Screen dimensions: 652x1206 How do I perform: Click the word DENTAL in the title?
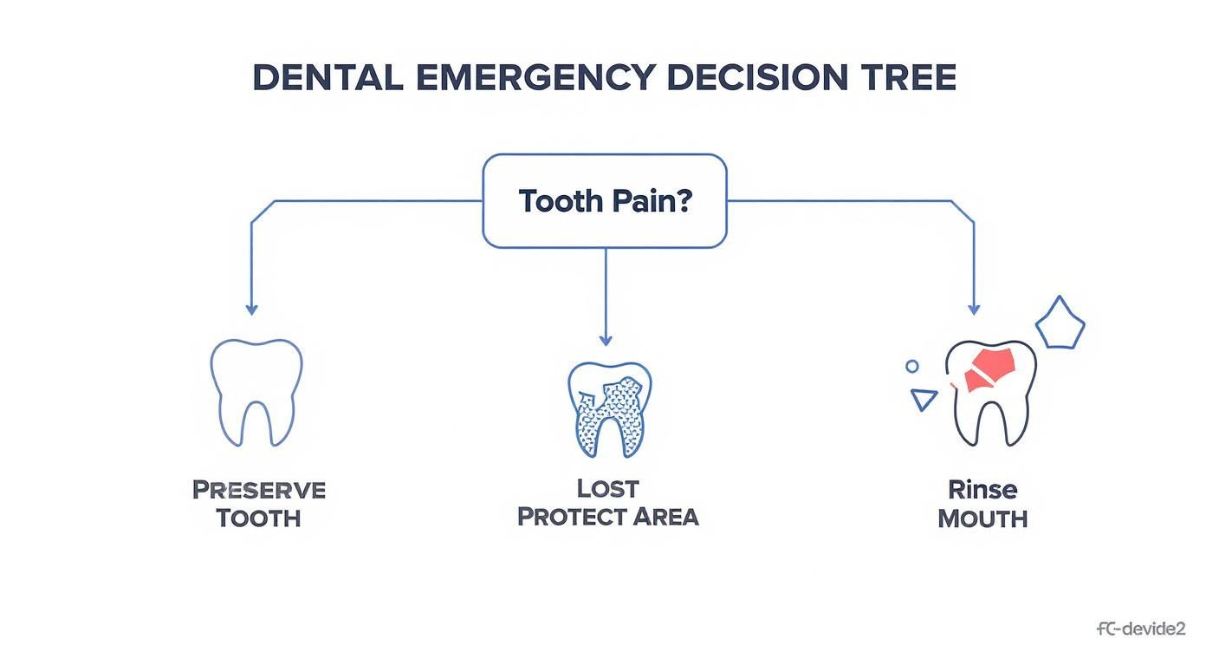coord(327,78)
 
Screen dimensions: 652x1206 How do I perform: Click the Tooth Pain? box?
coord(604,201)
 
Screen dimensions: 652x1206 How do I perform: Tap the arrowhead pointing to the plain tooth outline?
coord(251,309)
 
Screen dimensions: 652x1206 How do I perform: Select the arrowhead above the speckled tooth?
coord(605,340)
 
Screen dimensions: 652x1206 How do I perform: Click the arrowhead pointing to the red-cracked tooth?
coord(974,309)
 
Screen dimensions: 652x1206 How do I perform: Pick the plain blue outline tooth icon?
coord(256,392)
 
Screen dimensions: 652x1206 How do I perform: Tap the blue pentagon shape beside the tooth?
coord(1060,324)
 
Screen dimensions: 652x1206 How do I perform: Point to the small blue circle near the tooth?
coord(911,367)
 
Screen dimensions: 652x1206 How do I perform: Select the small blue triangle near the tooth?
coord(924,399)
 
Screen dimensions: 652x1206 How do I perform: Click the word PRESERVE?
coord(258,490)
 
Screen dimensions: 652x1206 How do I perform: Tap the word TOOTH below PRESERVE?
coord(258,518)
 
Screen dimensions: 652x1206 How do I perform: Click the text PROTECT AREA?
coord(607,517)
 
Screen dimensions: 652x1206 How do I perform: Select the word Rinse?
coord(982,490)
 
